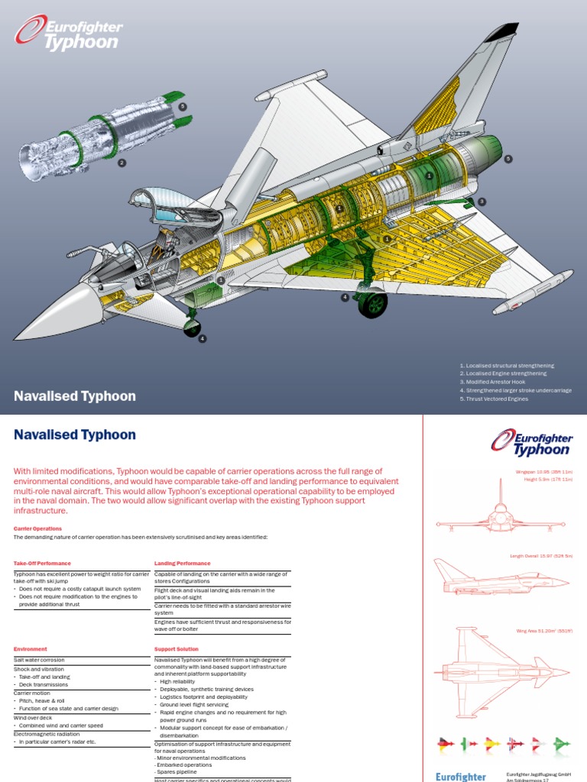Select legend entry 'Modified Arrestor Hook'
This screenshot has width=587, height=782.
click(x=496, y=382)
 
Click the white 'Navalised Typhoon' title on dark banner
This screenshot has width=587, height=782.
click(x=75, y=396)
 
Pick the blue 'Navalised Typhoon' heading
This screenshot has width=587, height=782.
click(x=75, y=435)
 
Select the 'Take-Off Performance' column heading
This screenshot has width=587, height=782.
click(x=42, y=564)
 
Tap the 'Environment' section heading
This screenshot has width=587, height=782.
click(x=31, y=649)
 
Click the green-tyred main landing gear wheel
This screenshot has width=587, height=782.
click(x=373, y=304)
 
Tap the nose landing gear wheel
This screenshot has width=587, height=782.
click(x=192, y=329)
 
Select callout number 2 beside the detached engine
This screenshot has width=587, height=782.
click(x=121, y=163)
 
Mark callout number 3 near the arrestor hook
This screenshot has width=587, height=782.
click(x=482, y=202)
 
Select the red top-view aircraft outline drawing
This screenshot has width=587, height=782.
click(x=502, y=673)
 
